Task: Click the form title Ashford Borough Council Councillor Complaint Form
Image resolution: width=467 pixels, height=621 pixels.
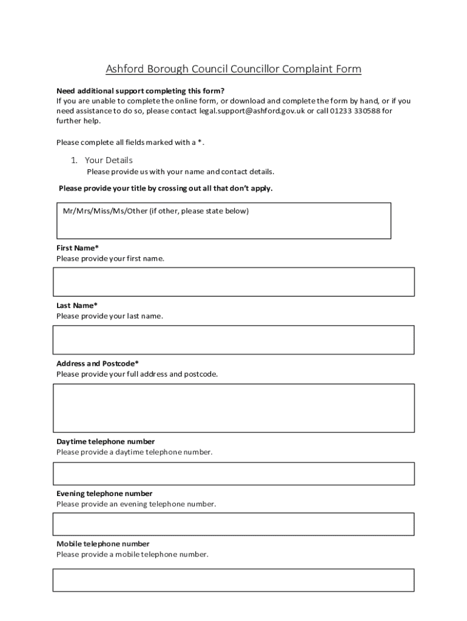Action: [x=233, y=69]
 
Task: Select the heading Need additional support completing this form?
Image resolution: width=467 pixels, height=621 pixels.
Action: [x=140, y=90]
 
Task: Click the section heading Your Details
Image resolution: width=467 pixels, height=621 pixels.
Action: [x=108, y=160]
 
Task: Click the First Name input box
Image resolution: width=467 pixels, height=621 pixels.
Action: [x=233, y=281]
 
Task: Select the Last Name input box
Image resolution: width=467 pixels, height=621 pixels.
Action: [x=233, y=340]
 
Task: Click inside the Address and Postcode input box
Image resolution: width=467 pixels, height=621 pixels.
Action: [x=233, y=408]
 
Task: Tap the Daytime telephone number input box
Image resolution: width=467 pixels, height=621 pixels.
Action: [x=233, y=474]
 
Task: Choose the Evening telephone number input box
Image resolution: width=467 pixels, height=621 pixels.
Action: [x=233, y=524]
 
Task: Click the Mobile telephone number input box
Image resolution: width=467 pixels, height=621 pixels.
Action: [x=233, y=580]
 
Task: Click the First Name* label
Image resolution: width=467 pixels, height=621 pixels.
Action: [x=78, y=248]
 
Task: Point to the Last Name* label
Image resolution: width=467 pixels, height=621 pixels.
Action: [x=77, y=306]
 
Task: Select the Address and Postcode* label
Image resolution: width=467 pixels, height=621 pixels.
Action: [x=98, y=363]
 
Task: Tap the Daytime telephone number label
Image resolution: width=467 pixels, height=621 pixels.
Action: [x=106, y=441]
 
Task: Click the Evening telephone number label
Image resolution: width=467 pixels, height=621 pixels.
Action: [x=104, y=494]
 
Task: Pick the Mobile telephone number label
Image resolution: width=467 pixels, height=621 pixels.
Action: [x=103, y=544]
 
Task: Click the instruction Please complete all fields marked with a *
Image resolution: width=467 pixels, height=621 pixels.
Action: [x=130, y=143]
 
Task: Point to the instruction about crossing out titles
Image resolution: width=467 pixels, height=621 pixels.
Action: [x=166, y=188]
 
